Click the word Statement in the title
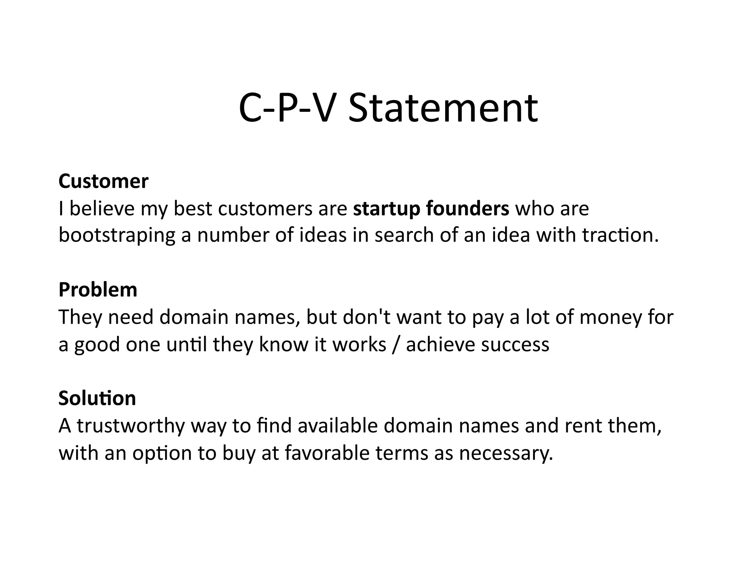(443, 109)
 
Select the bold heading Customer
(103, 181)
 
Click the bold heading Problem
(98, 289)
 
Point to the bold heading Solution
(97, 398)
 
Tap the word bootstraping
(117, 236)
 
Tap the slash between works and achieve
(396, 344)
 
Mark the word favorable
(327, 453)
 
